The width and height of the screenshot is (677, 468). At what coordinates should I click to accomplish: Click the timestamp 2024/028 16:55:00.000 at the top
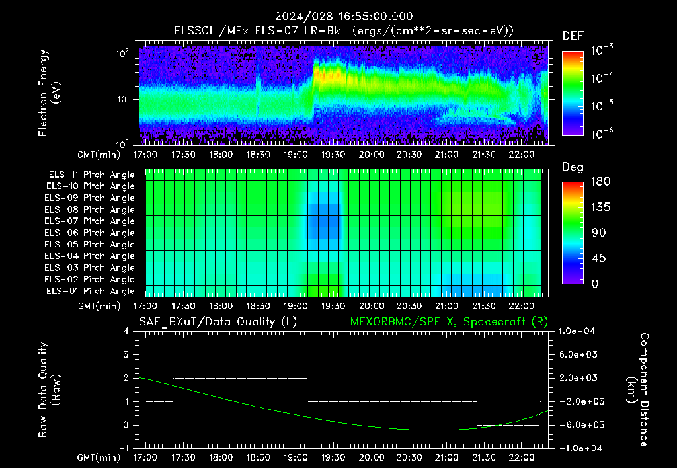coord(344,17)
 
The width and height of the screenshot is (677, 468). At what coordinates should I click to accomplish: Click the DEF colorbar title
coord(573,36)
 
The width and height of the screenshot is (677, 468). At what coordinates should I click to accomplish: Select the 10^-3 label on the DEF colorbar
coord(602,50)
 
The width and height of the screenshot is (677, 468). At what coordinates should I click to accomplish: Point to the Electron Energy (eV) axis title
coord(49,93)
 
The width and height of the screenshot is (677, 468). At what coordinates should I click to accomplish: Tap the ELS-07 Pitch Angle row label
coord(89,221)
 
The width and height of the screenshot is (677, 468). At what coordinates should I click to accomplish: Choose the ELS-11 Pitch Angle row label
coord(91,175)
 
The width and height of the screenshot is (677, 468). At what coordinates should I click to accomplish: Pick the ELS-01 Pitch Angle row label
coord(90,291)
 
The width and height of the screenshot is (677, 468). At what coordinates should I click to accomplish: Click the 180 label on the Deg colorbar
coord(600,181)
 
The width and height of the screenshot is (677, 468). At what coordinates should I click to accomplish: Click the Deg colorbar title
coord(573,167)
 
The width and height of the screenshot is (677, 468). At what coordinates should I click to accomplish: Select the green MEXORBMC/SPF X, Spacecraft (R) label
coord(449,322)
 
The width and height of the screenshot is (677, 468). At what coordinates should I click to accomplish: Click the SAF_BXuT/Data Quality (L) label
coord(218,322)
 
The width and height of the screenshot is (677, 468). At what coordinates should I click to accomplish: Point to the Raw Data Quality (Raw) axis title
coord(49,389)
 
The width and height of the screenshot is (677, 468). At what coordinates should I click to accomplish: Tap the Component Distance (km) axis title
coord(638,389)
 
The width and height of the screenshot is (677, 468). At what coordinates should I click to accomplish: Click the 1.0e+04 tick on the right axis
coord(577,331)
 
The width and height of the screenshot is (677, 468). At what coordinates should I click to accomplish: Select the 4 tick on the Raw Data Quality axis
coord(126,331)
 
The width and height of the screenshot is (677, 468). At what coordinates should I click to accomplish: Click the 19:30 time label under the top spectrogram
coord(333,155)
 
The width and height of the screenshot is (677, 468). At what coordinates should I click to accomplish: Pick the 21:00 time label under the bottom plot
coord(446,457)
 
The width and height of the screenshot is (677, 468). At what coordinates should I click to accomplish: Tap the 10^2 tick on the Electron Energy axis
coord(122,54)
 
